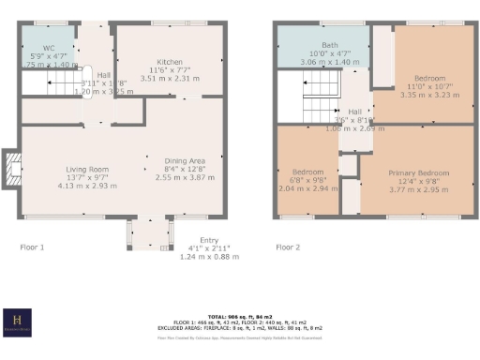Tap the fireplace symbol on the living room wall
[11, 169]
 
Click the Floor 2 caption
[288, 247]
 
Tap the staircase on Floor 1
[56, 85]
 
